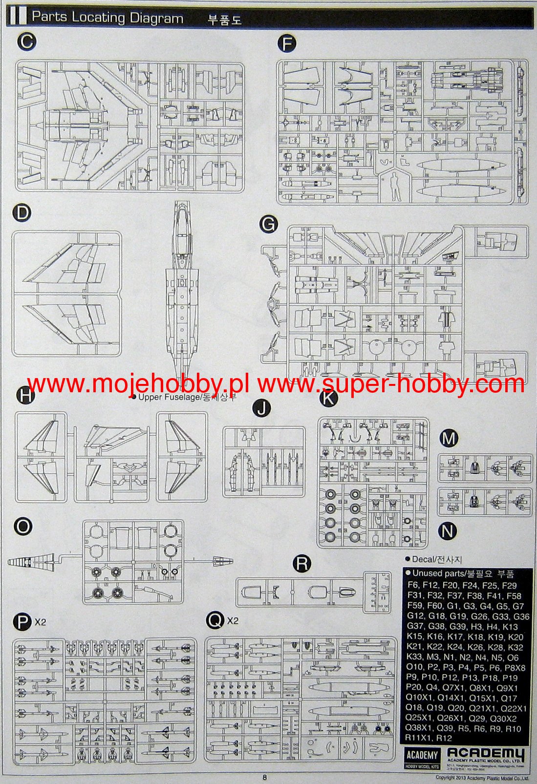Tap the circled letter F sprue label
(287, 44)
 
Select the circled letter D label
(22, 213)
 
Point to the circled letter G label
(268, 224)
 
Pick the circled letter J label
(263, 408)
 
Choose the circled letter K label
(328, 398)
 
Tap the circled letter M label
(448, 438)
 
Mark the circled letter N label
(448, 531)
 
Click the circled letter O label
(23, 526)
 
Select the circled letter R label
(302, 564)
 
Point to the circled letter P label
(22, 622)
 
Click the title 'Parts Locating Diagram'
(107, 18)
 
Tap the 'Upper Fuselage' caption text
(170, 397)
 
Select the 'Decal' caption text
(423, 559)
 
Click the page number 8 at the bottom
(264, 778)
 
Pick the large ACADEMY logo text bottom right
(486, 754)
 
